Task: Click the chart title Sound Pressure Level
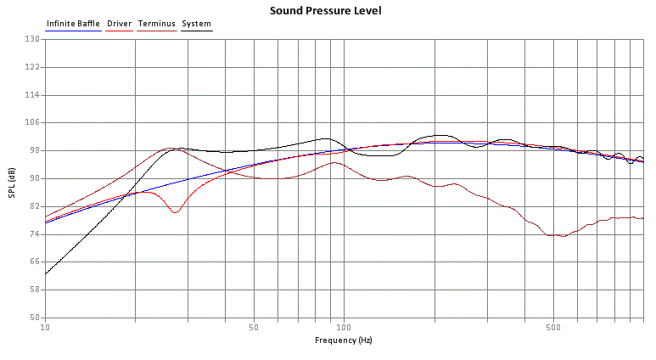[325, 11]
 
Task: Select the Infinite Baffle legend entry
[73, 24]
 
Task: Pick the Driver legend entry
[120, 24]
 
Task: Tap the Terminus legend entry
[157, 24]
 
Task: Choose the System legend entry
[197, 24]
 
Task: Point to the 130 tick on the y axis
[33, 39]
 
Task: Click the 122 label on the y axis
[33, 67]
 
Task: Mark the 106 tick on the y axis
[33, 122]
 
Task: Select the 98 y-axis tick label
[35, 150]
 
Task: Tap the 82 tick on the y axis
[35, 206]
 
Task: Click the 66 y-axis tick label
[35, 262]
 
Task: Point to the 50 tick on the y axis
[35, 318]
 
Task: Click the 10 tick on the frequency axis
[45, 327]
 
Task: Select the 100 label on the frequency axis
[344, 327]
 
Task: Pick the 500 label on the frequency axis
[552, 327]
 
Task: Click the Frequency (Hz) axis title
[343, 340]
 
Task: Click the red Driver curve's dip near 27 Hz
[174, 212]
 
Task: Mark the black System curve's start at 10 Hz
[46, 273]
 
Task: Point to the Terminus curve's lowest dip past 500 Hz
[563, 236]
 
